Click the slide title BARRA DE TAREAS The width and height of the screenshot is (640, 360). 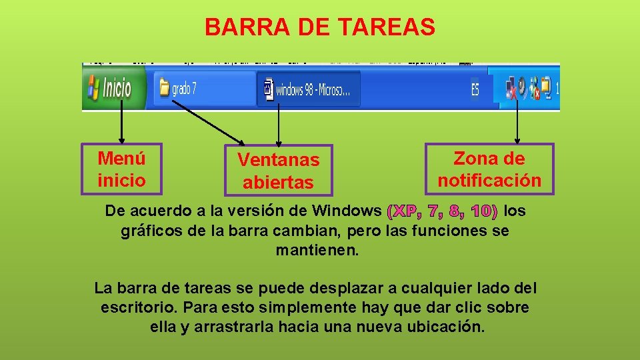point(319,27)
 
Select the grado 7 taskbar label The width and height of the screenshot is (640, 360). point(185,89)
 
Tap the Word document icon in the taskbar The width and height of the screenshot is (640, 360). point(268,89)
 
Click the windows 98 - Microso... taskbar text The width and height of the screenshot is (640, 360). point(309,89)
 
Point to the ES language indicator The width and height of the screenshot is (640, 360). point(475,89)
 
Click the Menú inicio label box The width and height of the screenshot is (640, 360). point(121,169)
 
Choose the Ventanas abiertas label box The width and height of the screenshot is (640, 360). point(278,171)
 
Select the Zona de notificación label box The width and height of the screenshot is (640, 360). point(489,169)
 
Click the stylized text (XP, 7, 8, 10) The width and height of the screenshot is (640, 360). point(443,212)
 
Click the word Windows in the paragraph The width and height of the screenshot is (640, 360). point(348,211)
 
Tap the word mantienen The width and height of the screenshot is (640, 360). point(317,251)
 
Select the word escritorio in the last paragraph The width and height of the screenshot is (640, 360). point(139,308)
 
